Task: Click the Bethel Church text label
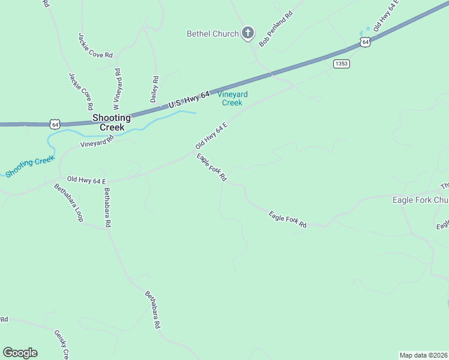(212, 34)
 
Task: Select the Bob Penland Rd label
(276, 29)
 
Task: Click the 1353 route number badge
(342, 64)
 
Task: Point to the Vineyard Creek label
(232, 98)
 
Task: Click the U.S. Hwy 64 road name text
(189, 100)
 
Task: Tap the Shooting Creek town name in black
(112, 122)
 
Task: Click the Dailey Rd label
(154, 89)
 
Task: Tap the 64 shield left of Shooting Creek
(55, 124)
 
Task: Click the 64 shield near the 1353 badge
(365, 42)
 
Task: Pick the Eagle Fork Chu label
(420, 200)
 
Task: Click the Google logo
(20, 353)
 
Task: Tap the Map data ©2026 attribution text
(423, 355)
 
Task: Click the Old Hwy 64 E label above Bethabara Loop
(86, 180)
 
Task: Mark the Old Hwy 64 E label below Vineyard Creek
(211, 136)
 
